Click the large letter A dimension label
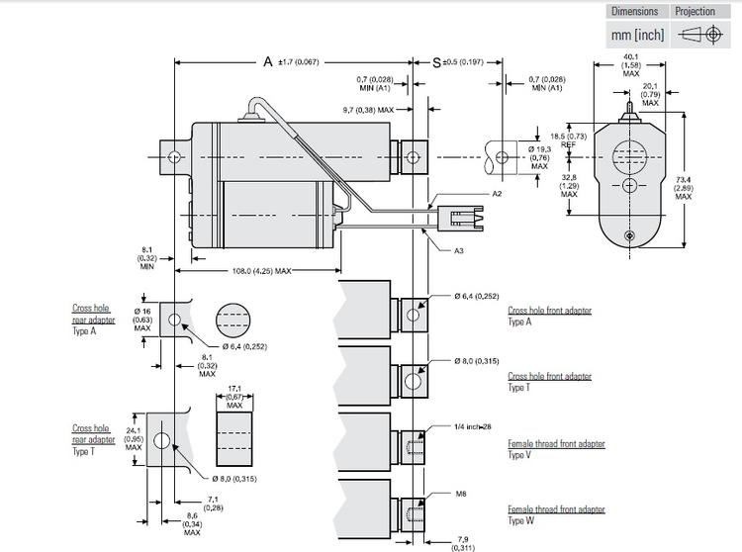(x=267, y=61)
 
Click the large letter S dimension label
(x=437, y=61)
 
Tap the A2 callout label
(x=497, y=195)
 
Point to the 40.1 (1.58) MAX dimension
(x=630, y=63)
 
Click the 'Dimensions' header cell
(x=634, y=12)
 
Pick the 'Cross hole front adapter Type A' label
(x=549, y=316)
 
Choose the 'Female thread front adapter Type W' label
(x=556, y=514)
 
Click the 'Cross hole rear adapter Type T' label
(x=93, y=440)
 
